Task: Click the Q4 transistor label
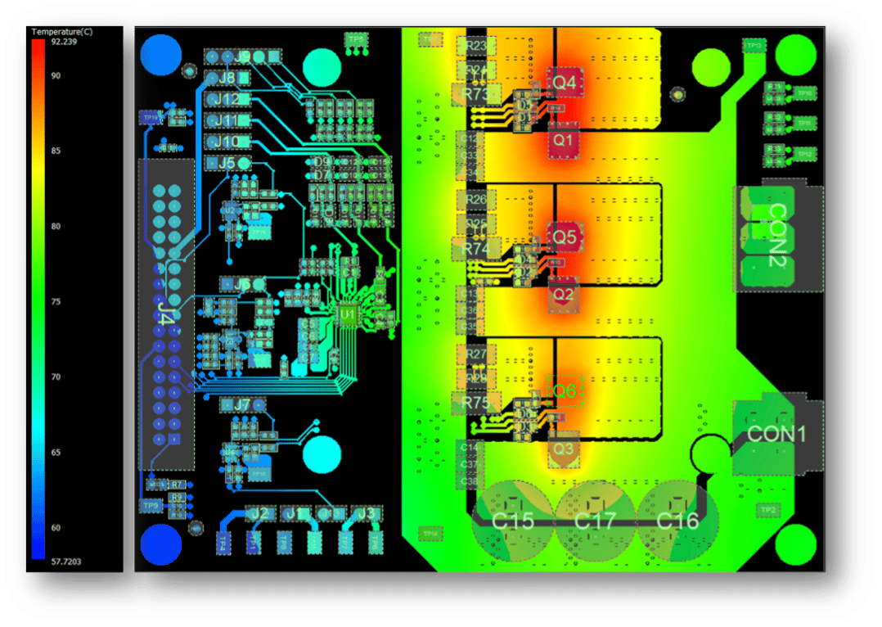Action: (565, 83)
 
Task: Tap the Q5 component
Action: (565, 237)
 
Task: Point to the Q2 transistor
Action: (564, 294)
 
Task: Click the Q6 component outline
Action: (565, 392)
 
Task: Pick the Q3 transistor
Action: (564, 449)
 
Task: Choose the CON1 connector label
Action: (776, 434)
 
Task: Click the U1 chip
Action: (349, 313)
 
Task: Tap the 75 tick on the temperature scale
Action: (56, 302)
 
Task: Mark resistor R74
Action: (475, 247)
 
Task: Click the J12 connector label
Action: (229, 100)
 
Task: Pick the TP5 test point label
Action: (356, 38)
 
